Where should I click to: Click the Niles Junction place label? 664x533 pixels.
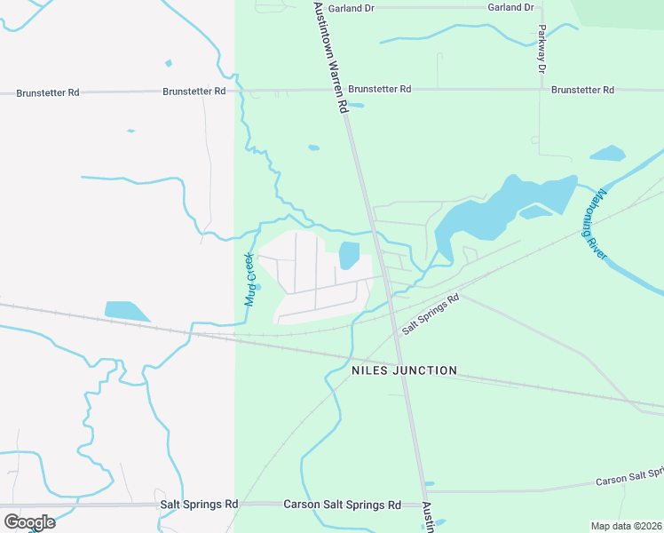pos(404,370)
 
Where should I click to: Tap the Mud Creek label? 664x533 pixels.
pos(249,279)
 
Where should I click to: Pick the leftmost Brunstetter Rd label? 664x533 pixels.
pos(48,92)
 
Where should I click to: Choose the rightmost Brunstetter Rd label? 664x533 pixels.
pos(582,90)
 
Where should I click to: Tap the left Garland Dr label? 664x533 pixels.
pos(351,7)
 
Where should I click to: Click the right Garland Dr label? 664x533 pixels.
pos(510,7)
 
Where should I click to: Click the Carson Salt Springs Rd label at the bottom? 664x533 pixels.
pos(342,505)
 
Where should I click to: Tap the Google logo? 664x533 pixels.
pos(29,522)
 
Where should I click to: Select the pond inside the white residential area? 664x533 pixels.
pos(349,255)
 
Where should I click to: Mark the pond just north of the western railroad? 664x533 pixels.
pos(126,310)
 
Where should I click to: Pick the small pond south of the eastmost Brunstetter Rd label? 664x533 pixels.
pos(608,153)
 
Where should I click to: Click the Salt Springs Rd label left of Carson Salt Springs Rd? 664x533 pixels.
pos(200,504)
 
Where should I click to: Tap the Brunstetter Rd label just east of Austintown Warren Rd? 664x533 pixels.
pos(379,90)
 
